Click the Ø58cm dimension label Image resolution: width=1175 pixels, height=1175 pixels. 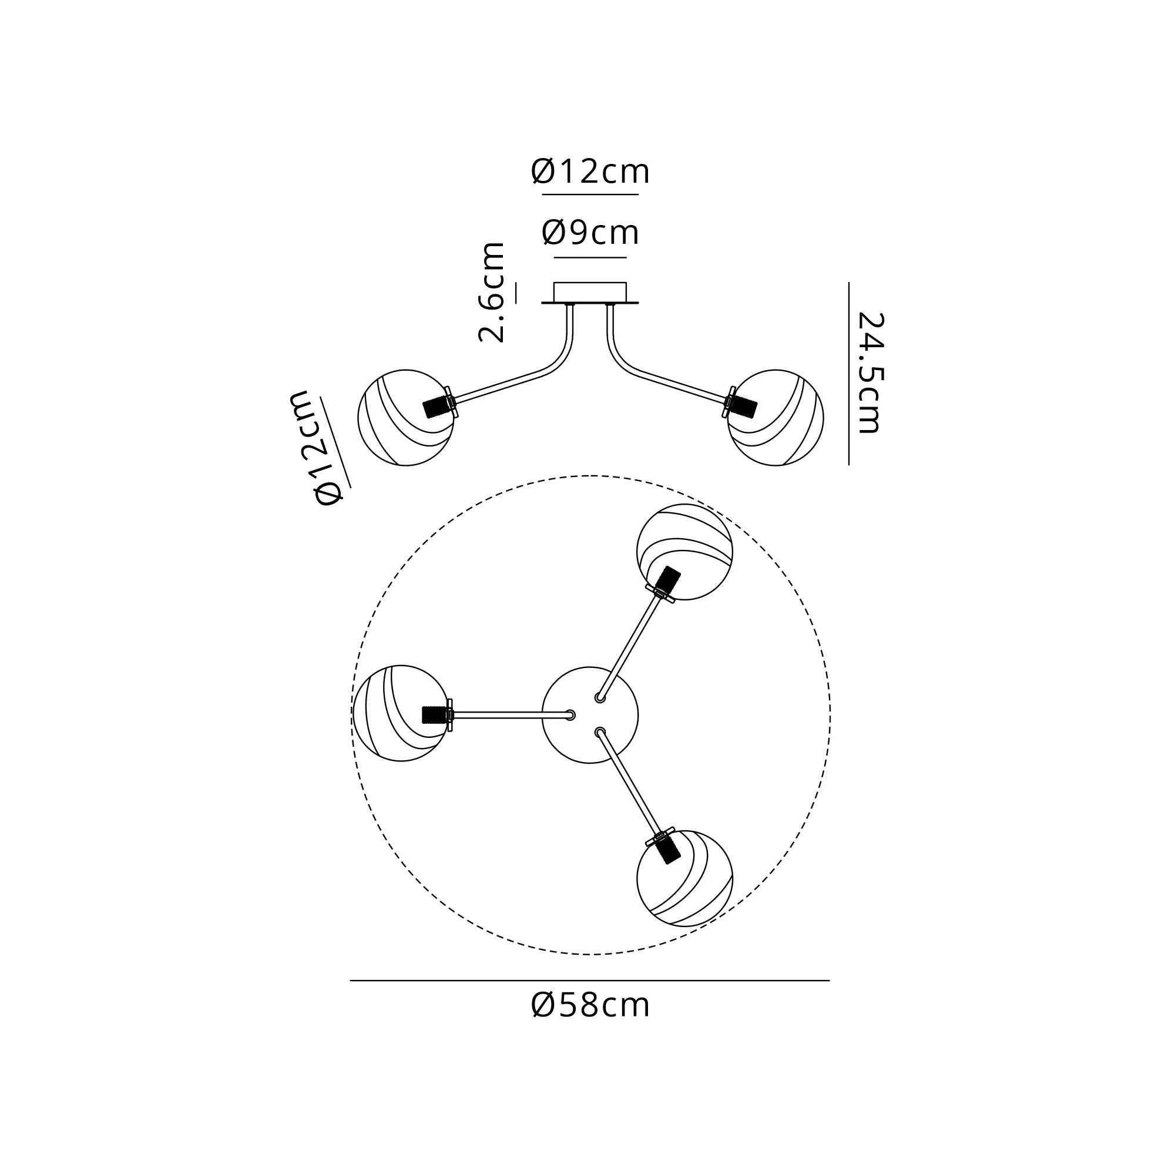click(590, 1005)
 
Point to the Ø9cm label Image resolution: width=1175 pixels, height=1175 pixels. click(590, 232)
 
